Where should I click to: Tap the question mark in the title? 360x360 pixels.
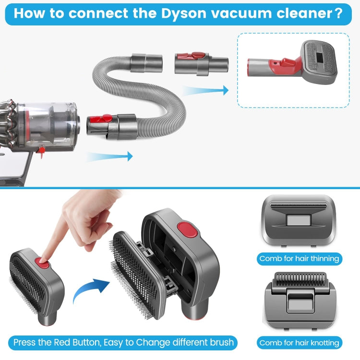pos(338,12)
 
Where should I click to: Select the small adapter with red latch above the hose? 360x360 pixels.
pos(201,63)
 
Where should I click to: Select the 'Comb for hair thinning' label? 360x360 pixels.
pos(299,259)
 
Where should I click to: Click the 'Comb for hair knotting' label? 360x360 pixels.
pos(299,342)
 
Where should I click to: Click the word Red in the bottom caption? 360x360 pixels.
pos(62,342)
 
